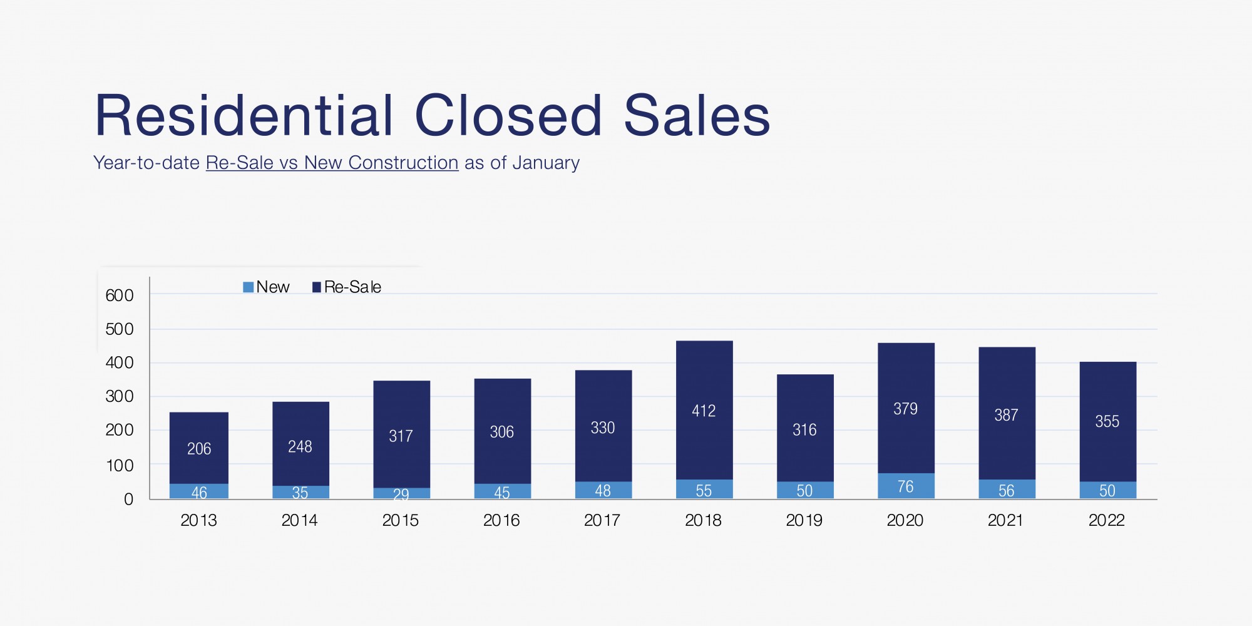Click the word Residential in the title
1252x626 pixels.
tap(244, 116)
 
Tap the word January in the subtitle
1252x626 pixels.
tap(546, 163)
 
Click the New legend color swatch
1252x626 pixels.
tap(249, 287)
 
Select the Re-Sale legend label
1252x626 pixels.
tap(352, 287)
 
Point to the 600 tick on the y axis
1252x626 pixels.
tap(120, 295)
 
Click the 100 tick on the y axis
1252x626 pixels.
tap(120, 466)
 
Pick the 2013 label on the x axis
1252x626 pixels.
tap(198, 520)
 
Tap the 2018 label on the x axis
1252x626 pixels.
tap(703, 520)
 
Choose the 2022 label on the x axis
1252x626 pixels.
tap(1106, 520)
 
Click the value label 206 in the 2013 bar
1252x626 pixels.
tap(199, 449)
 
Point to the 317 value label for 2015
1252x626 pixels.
tap(401, 436)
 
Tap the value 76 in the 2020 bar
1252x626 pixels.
tap(905, 486)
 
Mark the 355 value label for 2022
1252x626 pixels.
tap(1107, 421)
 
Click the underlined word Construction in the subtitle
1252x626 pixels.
tap(403, 163)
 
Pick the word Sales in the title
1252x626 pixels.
tap(697, 116)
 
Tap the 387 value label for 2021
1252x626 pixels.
tap(1006, 415)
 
